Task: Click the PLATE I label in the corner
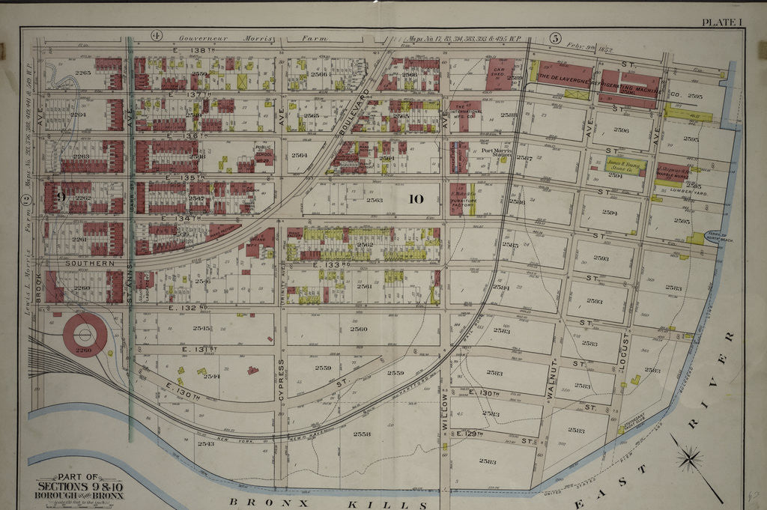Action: [x=721, y=22]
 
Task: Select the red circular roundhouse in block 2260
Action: [x=84, y=335]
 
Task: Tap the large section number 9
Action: [x=61, y=197]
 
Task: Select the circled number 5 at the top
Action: [x=555, y=37]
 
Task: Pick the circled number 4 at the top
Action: [x=157, y=35]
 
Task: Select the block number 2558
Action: [x=362, y=434]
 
